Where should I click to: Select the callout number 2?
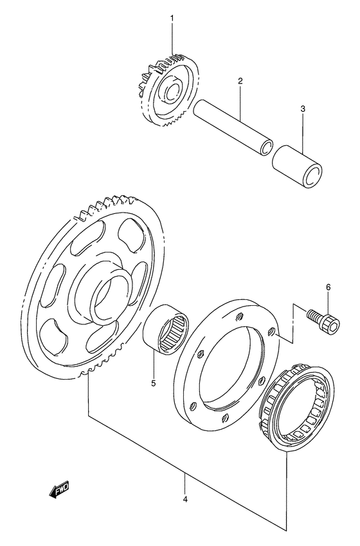click(x=240, y=82)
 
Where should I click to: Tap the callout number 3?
click(x=303, y=110)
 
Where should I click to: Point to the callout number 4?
click(x=185, y=499)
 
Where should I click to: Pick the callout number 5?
click(x=154, y=384)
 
